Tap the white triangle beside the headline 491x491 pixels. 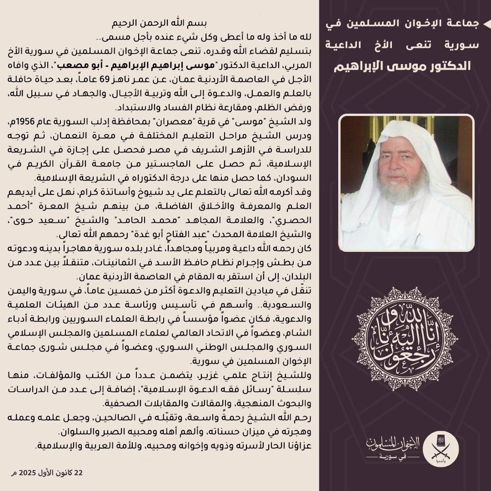486,24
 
